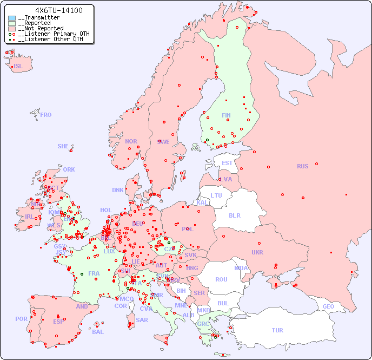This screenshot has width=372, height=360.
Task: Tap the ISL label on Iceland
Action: tap(18, 67)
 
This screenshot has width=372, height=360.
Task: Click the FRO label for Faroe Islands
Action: tap(46, 115)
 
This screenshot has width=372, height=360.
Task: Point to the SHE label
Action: tap(63, 146)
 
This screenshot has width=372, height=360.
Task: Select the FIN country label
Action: tap(226, 115)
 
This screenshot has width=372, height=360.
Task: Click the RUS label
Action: tap(302, 166)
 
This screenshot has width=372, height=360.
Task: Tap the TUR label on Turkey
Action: tap(277, 330)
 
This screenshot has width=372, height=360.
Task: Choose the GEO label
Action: tap(328, 306)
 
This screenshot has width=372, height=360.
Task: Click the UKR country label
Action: tap(257, 252)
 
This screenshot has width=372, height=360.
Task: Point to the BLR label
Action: tap(235, 215)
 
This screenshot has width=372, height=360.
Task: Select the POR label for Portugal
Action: tap(21, 319)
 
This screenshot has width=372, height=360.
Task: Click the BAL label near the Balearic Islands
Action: tap(98, 332)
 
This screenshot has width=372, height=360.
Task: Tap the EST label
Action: tap(227, 163)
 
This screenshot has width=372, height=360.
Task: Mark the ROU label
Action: tap(221, 279)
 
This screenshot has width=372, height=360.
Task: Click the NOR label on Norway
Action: tap(131, 141)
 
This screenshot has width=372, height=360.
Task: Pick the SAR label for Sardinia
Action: tap(142, 320)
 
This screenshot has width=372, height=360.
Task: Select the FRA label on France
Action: tap(94, 273)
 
